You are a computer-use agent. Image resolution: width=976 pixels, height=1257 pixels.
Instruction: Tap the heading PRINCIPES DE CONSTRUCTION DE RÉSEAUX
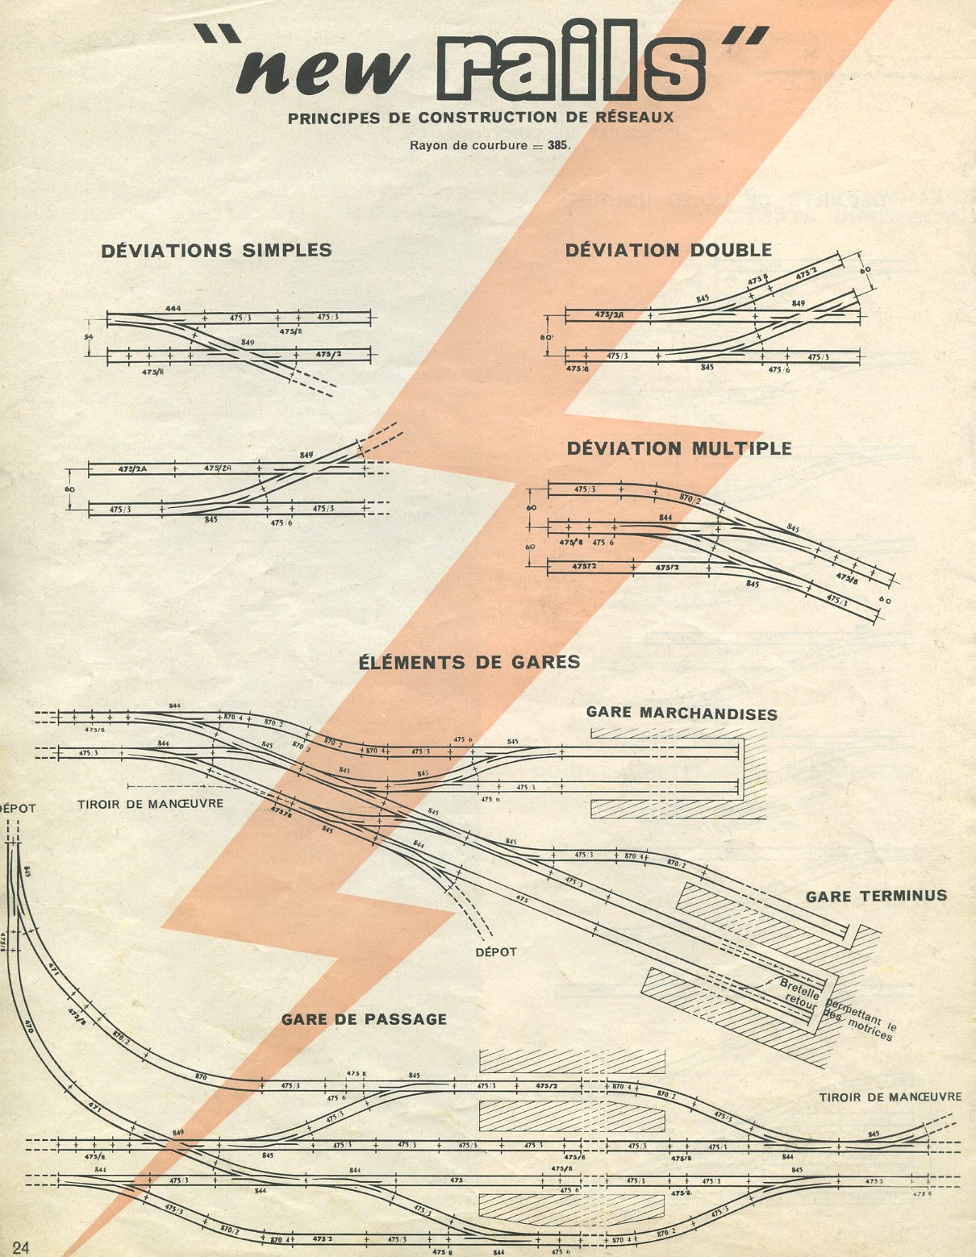click(x=481, y=118)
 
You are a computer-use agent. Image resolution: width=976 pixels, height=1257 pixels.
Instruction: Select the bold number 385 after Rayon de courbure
click(x=558, y=146)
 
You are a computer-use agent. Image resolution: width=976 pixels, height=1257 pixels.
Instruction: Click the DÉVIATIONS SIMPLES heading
click(x=216, y=251)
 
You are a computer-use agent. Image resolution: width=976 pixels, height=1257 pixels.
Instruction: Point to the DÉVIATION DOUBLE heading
click(x=668, y=251)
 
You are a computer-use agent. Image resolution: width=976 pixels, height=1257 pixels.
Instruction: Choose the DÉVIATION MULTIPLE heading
click(x=679, y=448)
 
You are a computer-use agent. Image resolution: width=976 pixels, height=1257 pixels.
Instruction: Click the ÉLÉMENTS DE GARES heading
click(x=469, y=663)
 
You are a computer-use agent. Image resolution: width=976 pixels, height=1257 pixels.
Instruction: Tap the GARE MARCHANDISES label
click(x=682, y=714)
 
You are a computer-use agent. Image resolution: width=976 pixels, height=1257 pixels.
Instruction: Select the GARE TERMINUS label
click(x=876, y=896)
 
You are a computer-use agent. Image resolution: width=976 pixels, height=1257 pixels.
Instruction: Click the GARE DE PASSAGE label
click(x=364, y=1019)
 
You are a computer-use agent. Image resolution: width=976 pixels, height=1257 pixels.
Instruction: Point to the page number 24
click(x=20, y=1247)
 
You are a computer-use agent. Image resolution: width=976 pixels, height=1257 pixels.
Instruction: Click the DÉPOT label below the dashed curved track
click(x=495, y=952)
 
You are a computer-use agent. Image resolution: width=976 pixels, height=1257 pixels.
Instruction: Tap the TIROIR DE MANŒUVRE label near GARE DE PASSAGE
click(x=890, y=1097)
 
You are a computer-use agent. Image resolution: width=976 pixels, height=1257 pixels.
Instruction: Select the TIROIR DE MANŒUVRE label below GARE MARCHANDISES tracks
click(x=150, y=804)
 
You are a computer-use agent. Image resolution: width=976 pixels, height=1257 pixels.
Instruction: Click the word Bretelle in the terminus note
click(x=797, y=985)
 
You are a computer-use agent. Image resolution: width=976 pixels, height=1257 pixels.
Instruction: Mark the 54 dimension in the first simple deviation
click(x=90, y=334)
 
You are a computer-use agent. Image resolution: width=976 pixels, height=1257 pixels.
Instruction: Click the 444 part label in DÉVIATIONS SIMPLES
click(x=172, y=309)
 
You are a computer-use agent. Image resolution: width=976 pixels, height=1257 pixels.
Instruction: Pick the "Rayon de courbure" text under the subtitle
click(x=467, y=146)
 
